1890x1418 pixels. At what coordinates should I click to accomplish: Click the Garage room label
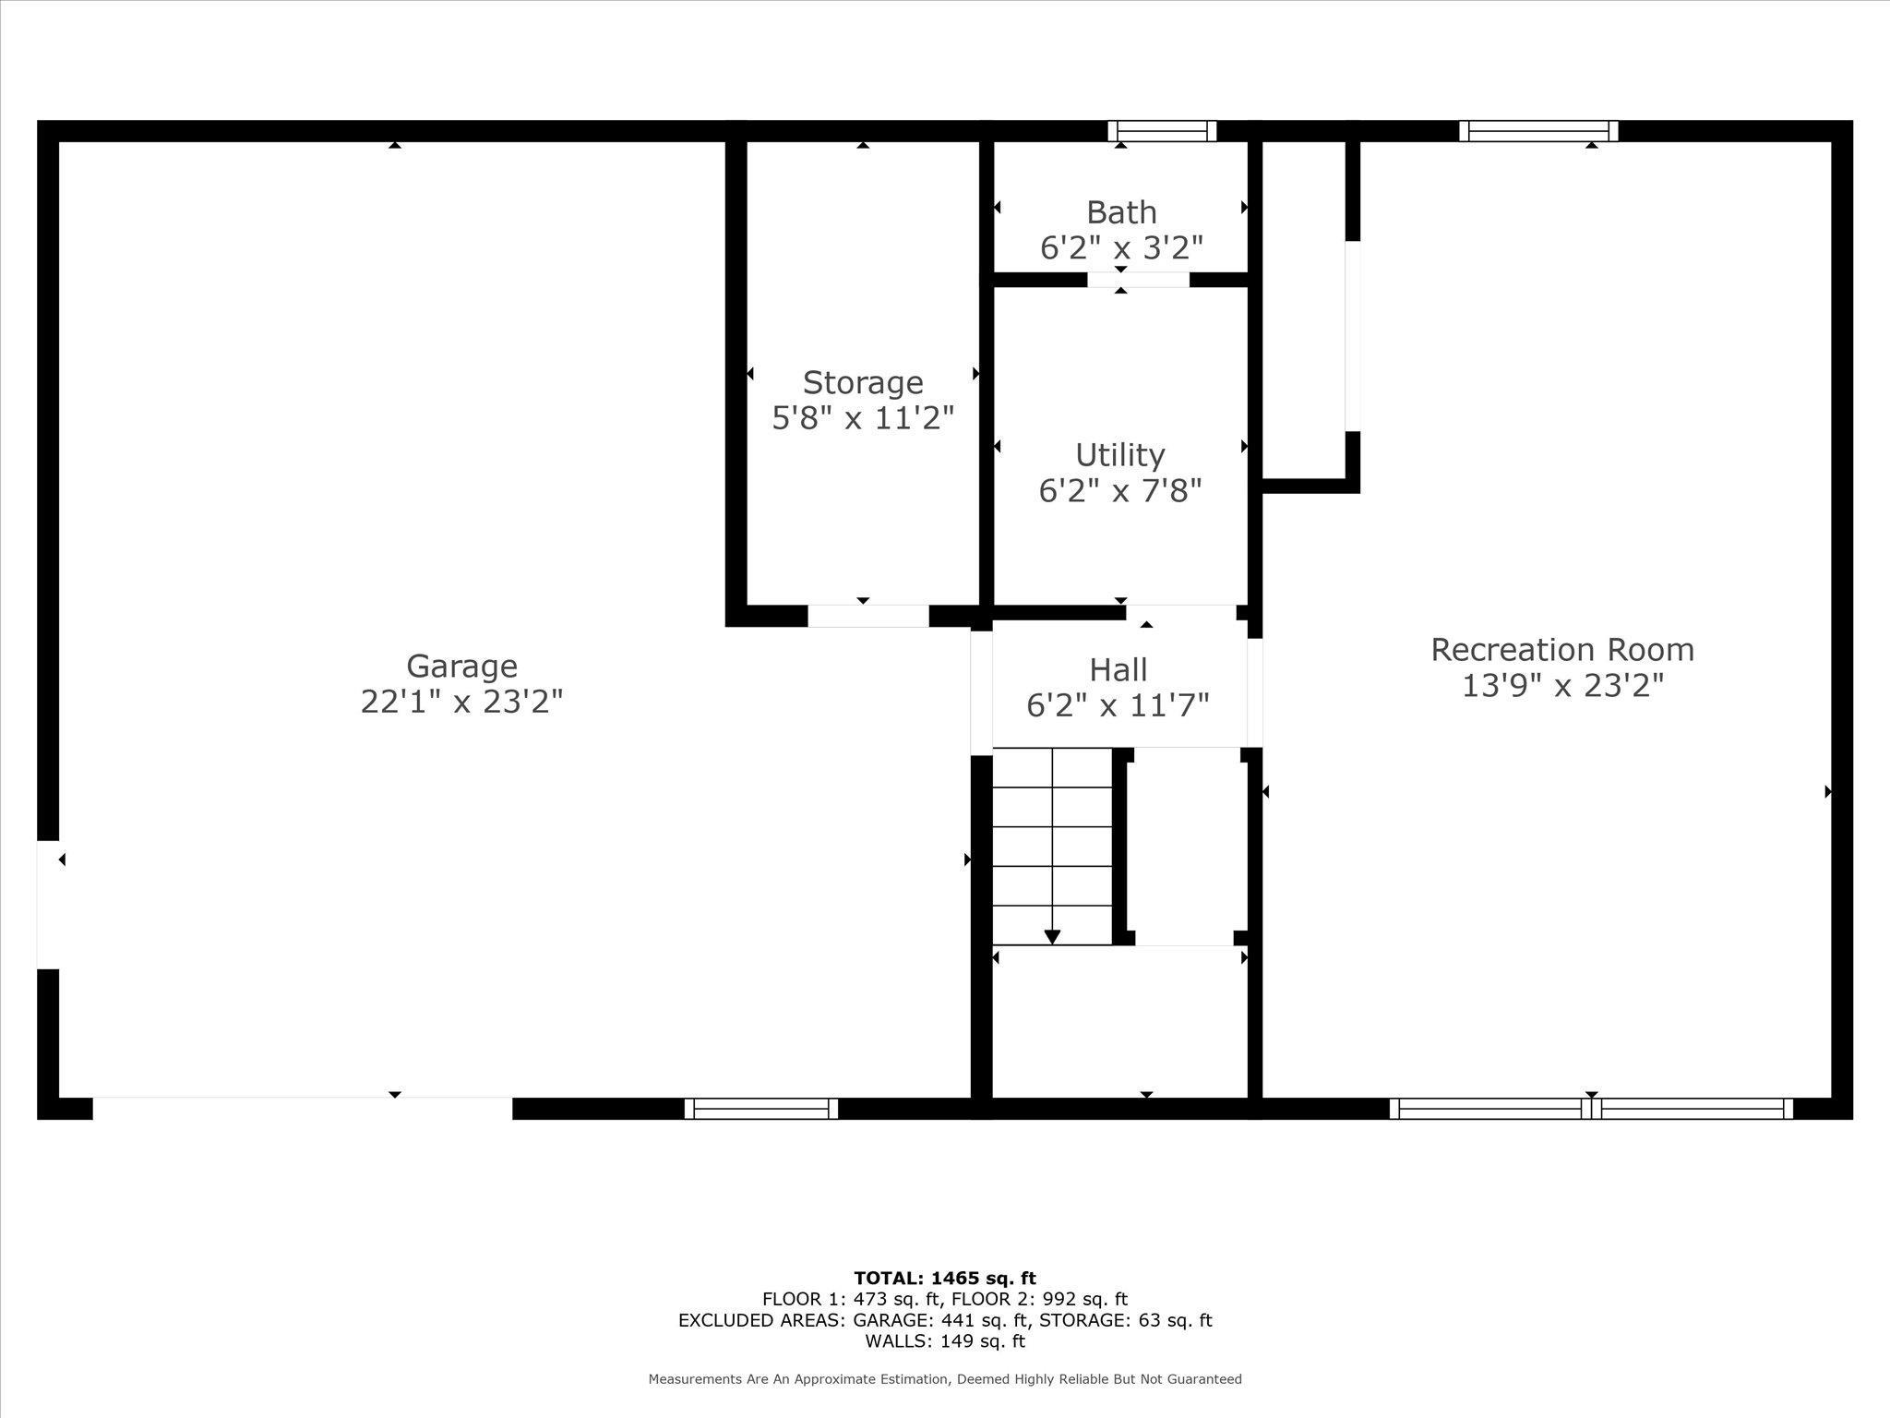coord(461,666)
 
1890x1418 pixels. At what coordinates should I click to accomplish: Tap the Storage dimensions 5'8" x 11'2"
coord(862,418)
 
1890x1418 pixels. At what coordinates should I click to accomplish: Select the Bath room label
coord(1121,212)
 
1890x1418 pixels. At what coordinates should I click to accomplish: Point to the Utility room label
coord(1120,455)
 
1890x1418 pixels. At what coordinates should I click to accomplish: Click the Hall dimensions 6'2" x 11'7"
coord(1118,706)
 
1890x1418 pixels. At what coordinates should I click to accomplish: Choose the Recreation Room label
coord(1562,650)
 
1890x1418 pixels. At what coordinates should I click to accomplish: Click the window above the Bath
coord(1162,131)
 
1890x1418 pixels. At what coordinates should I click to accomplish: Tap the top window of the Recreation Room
coord(1538,131)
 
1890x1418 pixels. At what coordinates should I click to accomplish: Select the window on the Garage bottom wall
coord(761,1109)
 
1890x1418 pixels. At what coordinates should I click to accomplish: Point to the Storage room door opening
coord(868,616)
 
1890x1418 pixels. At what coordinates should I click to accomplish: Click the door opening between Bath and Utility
coord(1138,280)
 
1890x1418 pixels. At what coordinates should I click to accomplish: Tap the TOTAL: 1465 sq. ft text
coord(945,1279)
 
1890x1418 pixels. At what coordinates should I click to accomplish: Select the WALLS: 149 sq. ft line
coord(945,1341)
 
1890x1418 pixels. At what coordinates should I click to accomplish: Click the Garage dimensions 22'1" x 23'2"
coord(461,703)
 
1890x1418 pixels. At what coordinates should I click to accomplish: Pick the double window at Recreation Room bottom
coord(1591,1109)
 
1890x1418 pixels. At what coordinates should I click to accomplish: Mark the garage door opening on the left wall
coord(48,905)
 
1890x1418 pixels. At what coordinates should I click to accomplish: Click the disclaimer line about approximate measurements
coord(945,1379)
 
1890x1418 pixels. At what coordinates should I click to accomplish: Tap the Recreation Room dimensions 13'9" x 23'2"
coord(1562,686)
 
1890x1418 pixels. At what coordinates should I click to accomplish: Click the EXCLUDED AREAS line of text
coord(945,1320)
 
